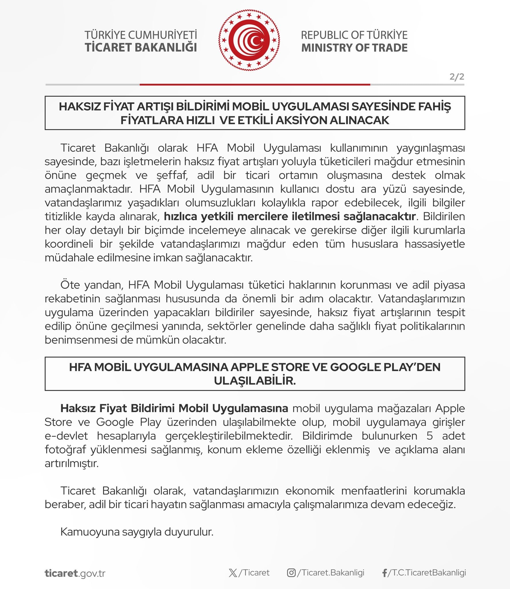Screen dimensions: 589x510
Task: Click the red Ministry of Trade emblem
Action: click(x=249, y=40)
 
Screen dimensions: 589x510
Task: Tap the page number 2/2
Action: click(x=457, y=77)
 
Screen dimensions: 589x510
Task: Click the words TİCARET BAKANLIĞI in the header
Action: click(x=141, y=47)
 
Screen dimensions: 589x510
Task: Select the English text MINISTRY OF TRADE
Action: click(x=354, y=47)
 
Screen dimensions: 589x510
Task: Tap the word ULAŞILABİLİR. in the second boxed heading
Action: click(x=255, y=380)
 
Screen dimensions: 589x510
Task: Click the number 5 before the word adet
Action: click(x=430, y=436)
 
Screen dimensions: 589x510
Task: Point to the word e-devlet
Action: click(x=66, y=436)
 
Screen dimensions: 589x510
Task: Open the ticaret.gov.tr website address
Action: click(x=75, y=573)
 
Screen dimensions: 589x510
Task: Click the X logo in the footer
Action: click(x=233, y=573)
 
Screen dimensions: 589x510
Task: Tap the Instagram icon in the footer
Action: click(x=291, y=573)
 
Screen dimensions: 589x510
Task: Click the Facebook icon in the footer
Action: click(x=384, y=573)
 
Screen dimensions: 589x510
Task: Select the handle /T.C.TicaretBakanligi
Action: click(x=427, y=573)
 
